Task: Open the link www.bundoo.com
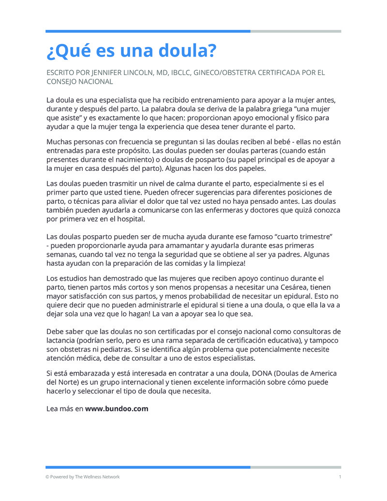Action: [117, 409]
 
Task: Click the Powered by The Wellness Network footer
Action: [82, 477]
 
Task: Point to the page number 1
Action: [340, 477]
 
